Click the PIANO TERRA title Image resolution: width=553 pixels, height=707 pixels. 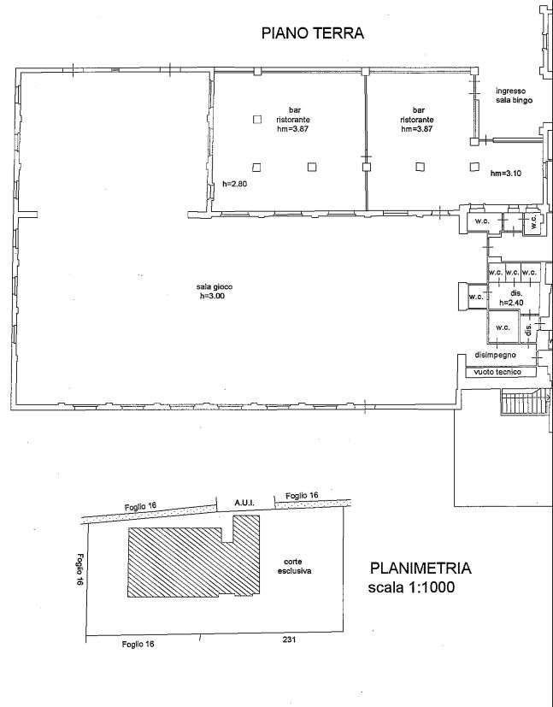coord(313,33)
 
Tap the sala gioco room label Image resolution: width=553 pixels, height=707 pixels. coord(215,286)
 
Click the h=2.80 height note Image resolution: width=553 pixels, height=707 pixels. coord(235,184)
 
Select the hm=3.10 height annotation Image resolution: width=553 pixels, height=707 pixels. coord(506,174)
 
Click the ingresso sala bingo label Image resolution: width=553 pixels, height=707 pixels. coord(514,96)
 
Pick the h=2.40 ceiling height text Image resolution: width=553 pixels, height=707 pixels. coord(511,303)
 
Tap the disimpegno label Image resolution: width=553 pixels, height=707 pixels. coord(496,355)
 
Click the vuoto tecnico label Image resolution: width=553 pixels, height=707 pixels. coord(497,372)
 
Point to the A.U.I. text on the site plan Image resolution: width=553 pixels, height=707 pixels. coord(244,503)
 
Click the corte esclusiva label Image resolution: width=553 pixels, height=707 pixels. coord(294,566)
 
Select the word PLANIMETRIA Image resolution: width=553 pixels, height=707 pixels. coord(421,569)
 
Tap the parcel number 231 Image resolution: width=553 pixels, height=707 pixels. coord(289,639)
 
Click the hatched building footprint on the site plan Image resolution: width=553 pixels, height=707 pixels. coord(193,563)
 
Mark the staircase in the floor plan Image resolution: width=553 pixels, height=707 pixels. coord(526,403)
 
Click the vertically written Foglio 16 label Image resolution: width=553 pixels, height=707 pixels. coord(80,569)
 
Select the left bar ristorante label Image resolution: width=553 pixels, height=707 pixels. coord(293,119)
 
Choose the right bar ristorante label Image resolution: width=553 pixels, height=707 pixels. coord(417,119)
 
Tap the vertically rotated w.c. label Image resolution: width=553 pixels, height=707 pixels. coord(534,221)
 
